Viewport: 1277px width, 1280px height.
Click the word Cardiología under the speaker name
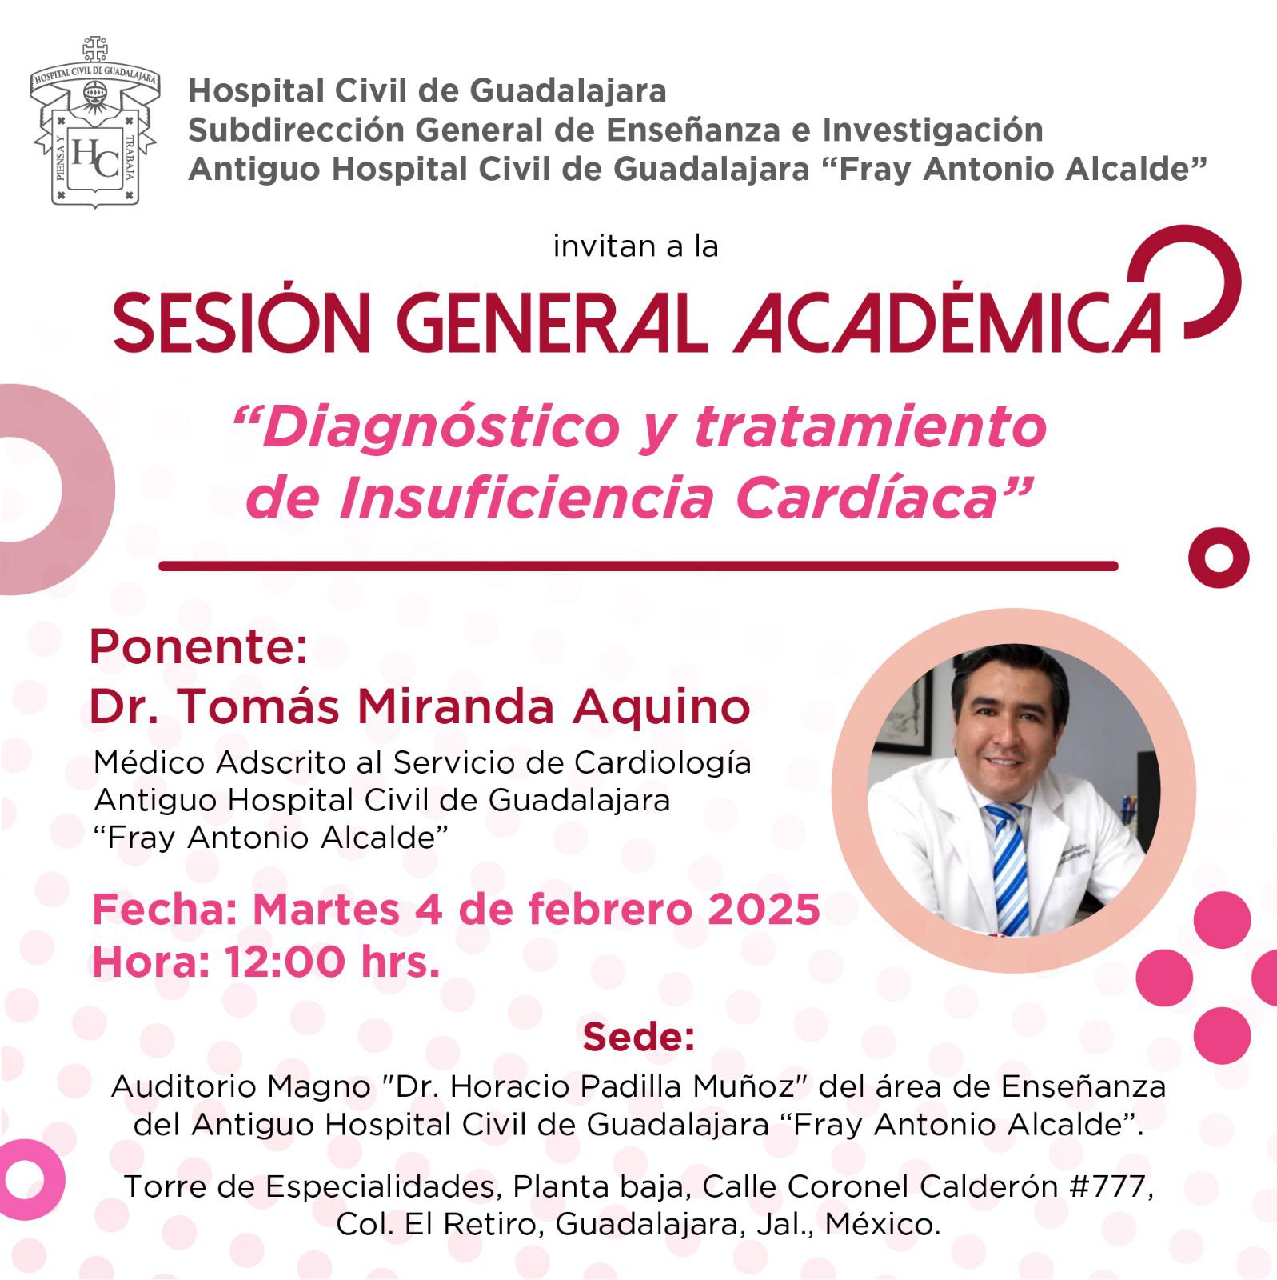663,764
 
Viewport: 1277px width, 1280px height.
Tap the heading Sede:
638,1037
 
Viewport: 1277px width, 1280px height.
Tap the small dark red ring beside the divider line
1218,558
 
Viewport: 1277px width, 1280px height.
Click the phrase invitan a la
636,246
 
